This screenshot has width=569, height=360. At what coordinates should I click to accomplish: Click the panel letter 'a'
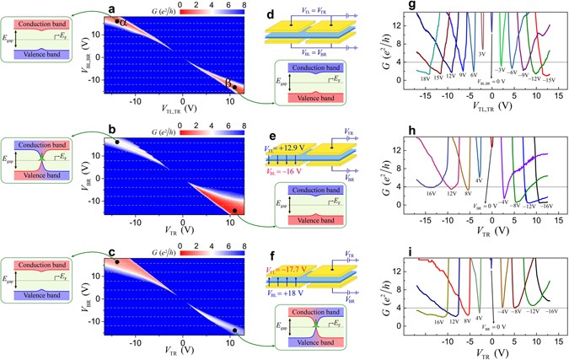111,8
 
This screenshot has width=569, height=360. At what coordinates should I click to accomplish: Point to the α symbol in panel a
123,24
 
